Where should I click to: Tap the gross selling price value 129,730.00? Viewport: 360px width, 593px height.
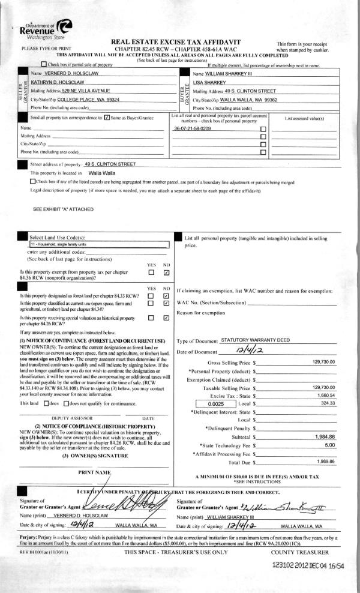[x=324, y=362]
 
